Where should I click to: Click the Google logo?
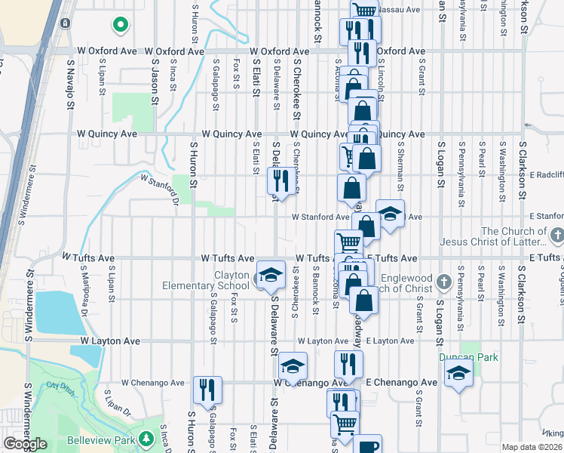[x=26, y=444]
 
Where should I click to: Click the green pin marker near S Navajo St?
[x=119, y=25]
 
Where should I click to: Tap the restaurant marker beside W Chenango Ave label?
[x=207, y=390]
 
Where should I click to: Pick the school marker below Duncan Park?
[x=458, y=373]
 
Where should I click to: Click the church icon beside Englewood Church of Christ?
[x=445, y=280]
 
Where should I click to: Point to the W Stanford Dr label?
[x=157, y=189]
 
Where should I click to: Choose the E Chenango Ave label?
[x=402, y=383]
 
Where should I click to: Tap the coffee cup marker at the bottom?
[x=367, y=445]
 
